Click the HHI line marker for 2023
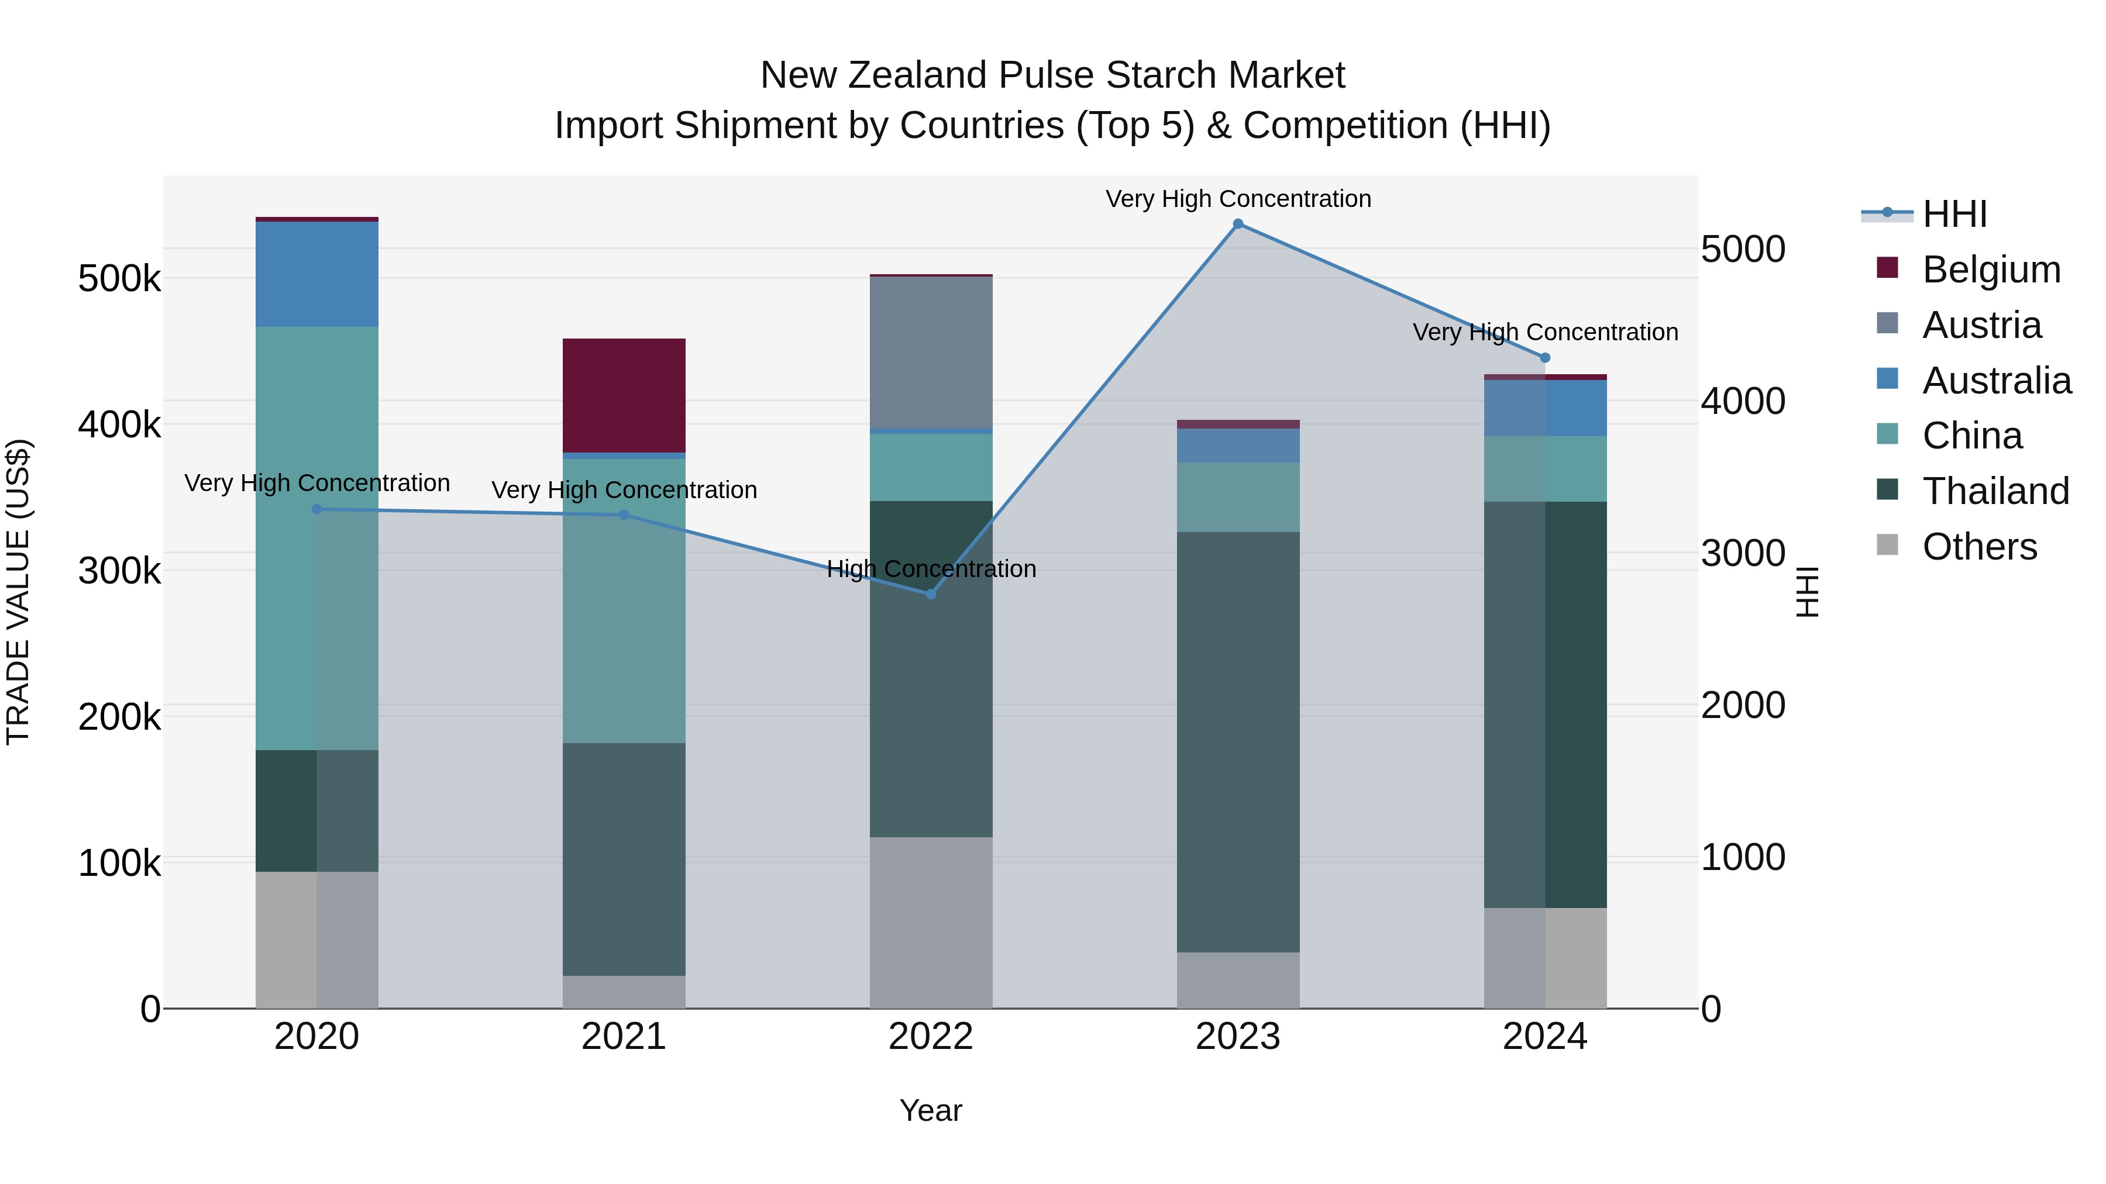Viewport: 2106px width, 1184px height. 1238,224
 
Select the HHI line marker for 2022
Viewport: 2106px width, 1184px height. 930,594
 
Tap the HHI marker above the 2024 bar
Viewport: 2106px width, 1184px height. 1544,358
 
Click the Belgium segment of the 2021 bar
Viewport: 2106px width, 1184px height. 624,395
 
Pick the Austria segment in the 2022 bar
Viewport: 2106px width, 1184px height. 930,353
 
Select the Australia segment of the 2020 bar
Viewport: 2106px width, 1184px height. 316,275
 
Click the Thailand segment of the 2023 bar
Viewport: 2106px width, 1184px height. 1238,742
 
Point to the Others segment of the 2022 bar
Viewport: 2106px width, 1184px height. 930,923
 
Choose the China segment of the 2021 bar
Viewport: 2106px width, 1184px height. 624,600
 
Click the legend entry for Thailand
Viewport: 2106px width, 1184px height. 1995,491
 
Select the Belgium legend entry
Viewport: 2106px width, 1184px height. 1991,270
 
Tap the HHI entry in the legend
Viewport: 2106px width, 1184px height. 1954,214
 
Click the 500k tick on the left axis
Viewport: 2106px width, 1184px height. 119,279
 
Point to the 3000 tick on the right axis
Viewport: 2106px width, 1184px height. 1742,553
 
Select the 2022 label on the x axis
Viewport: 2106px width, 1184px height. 930,1037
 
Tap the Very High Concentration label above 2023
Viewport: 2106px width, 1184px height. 1238,199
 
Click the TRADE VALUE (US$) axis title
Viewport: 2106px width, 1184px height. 18,592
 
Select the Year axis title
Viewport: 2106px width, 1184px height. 930,1110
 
